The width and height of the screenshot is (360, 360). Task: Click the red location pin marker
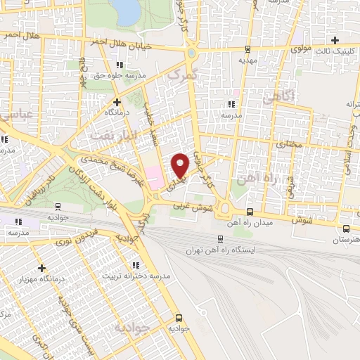click(181, 165)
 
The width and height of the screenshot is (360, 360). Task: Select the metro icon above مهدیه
click(247, 49)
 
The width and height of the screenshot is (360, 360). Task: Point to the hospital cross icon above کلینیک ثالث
click(335, 40)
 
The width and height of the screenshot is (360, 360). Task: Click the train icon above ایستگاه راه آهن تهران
click(220, 238)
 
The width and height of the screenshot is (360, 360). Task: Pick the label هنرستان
click(345, 240)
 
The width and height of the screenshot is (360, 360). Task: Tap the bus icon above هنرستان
click(345, 229)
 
